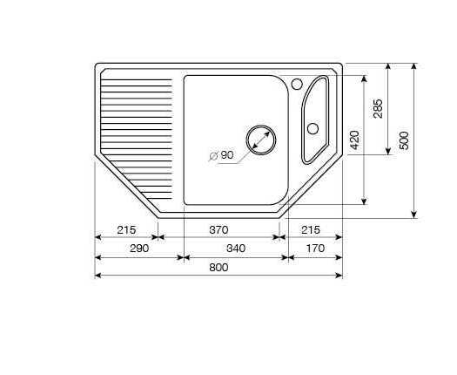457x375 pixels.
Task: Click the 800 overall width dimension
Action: coord(218,268)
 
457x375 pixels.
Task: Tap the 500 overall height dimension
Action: coord(404,140)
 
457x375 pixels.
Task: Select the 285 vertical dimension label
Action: coord(378,109)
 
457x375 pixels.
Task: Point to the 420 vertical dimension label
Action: coord(354,140)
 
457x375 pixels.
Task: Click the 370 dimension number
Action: coord(218,230)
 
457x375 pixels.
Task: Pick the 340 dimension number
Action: coord(236,249)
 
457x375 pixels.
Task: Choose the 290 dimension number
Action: coord(139,249)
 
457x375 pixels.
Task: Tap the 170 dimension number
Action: coord(315,249)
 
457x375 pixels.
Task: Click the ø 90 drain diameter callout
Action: coord(221,155)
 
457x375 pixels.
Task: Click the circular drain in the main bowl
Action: coord(261,140)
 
